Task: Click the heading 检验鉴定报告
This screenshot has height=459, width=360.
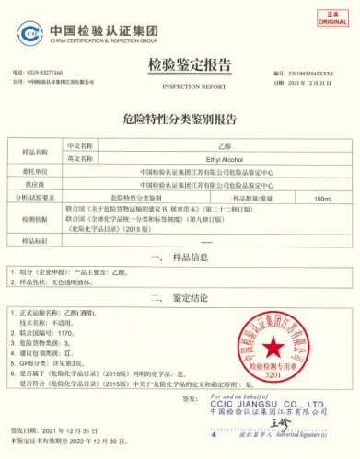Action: pyautogui.click(x=180, y=63)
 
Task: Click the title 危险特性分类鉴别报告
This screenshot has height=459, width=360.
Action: pyautogui.click(x=180, y=118)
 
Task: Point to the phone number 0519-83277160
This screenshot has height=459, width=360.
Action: pyautogui.click(x=43, y=72)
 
